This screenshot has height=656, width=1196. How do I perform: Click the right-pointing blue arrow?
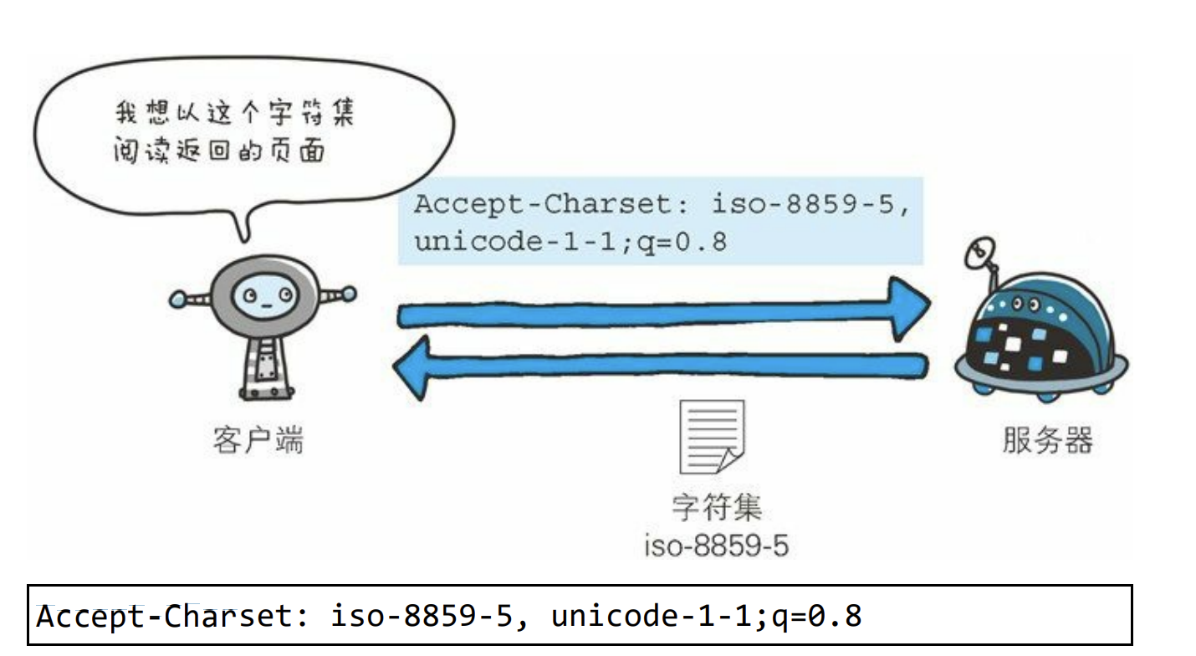coord(661,311)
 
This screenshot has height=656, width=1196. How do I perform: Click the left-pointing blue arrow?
coord(661,366)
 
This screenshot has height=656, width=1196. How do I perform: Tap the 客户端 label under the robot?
coord(258,439)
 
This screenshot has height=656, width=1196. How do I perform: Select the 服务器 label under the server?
coord(1047,439)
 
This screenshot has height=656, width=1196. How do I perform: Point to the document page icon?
coord(711,436)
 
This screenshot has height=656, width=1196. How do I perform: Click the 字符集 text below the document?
coord(717,508)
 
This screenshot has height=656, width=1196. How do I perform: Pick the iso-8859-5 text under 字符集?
coord(717,546)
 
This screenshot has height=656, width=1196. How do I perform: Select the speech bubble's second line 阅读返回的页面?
coord(219,151)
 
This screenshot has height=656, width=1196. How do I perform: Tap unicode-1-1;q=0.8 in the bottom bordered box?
coord(707,617)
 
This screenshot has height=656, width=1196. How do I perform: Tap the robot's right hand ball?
coord(348,295)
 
